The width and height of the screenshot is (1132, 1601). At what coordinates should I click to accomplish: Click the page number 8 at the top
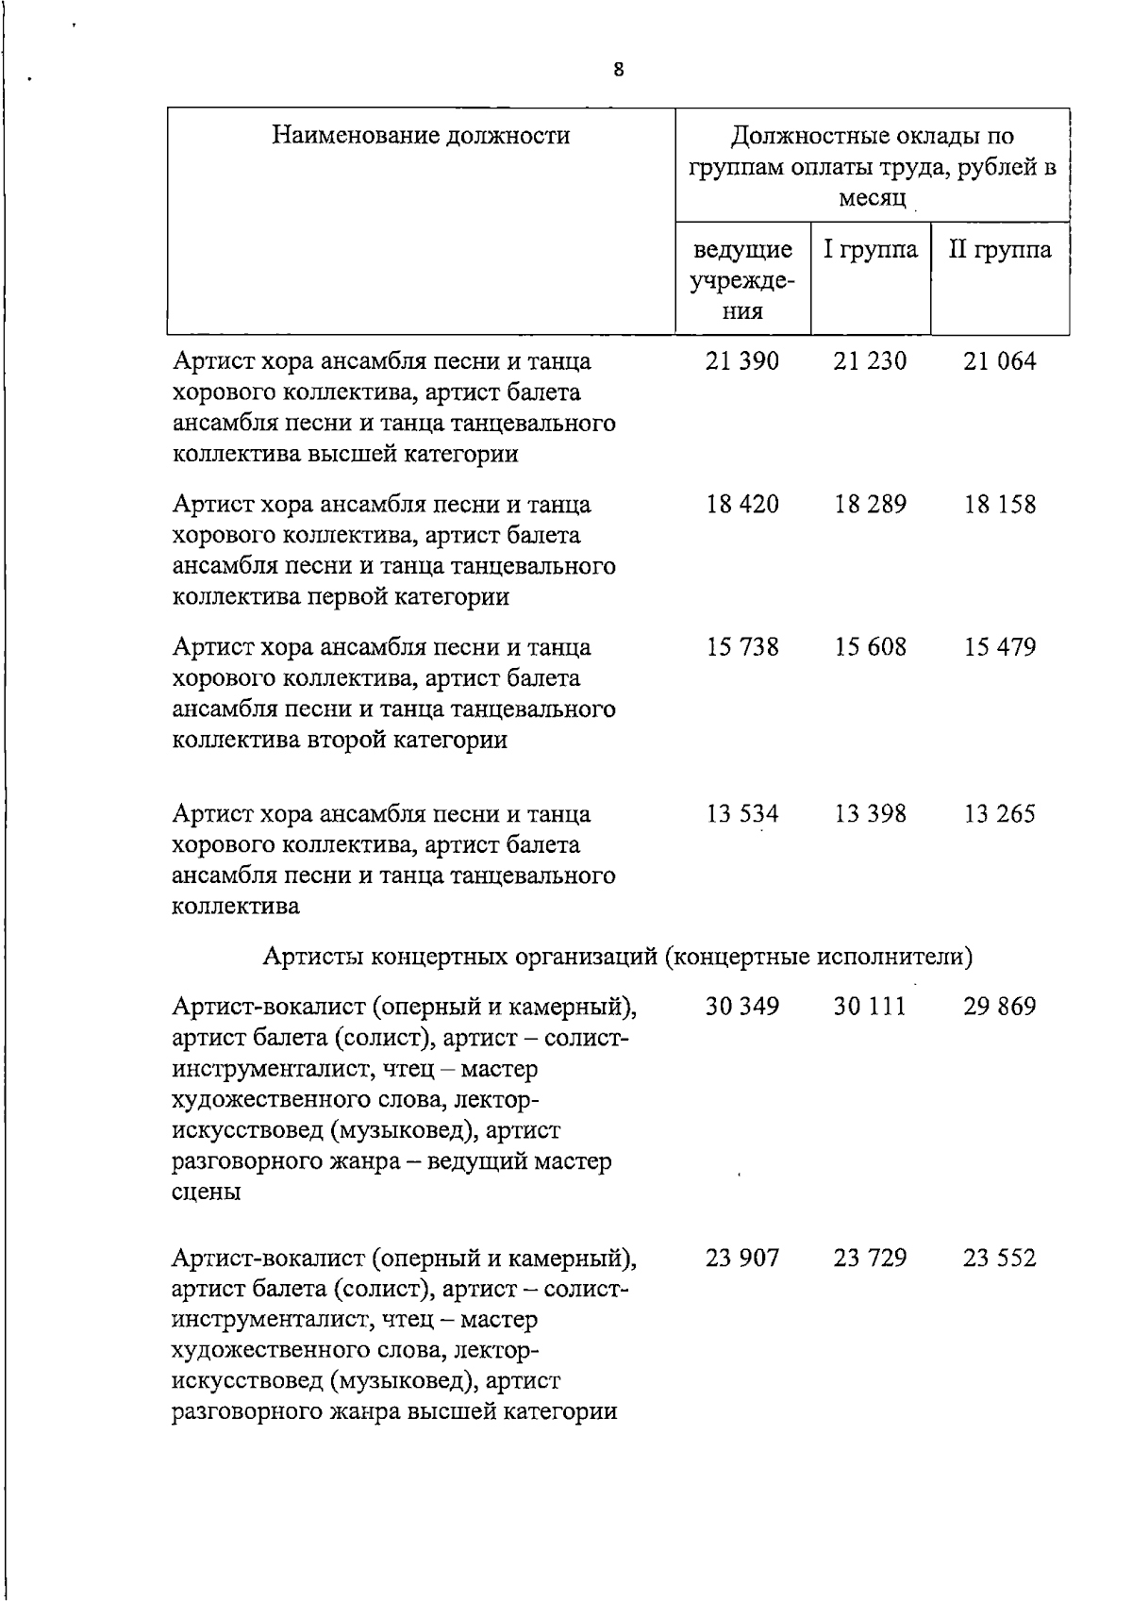tap(618, 69)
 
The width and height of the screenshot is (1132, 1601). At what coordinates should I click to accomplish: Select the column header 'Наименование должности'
tap(421, 136)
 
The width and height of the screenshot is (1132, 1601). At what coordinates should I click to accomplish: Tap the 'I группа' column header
tap(870, 250)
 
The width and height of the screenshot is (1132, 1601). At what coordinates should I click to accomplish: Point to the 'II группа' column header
tap(1000, 250)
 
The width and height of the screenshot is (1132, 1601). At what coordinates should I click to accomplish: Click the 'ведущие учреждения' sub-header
tap(742, 280)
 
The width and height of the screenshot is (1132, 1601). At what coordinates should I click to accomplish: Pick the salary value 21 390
tap(742, 361)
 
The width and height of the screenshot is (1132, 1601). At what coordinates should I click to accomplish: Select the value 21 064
tap(999, 361)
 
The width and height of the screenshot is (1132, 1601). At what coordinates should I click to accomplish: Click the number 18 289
tap(870, 505)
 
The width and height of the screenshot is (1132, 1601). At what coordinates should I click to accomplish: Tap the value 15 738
tap(742, 647)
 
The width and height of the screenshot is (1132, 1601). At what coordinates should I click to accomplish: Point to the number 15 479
tap(999, 647)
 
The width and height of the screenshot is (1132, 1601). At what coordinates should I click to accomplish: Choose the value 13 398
tap(870, 813)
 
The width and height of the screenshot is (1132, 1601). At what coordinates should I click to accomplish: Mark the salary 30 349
tap(742, 1007)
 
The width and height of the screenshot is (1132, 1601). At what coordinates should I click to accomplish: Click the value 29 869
tap(999, 1007)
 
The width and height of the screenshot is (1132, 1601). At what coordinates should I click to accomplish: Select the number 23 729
tap(870, 1258)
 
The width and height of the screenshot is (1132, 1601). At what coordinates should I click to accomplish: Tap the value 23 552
tap(999, 1258)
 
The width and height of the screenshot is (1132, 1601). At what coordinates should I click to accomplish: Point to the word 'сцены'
tap(206, 1192)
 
